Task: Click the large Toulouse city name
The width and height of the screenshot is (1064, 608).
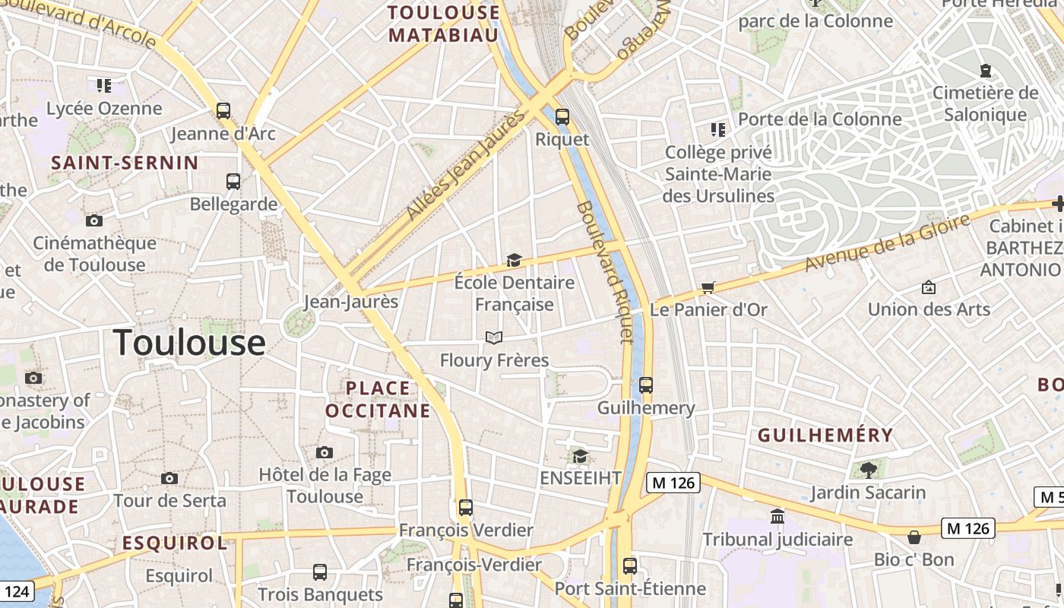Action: [189, 343]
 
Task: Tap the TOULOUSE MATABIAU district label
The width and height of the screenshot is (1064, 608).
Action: [445, 24]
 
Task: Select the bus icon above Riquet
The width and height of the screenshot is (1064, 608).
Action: [562, 117]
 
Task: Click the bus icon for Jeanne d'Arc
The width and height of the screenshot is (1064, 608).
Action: [223, 111]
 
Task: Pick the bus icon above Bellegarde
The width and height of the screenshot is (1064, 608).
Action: [233, 182]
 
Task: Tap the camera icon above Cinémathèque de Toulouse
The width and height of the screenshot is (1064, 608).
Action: [94, 221]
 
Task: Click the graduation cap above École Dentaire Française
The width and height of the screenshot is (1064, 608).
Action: [515, 261]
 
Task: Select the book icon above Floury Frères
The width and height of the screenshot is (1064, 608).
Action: [494, 337]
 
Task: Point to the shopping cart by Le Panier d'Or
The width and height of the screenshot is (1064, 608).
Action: [708, 287]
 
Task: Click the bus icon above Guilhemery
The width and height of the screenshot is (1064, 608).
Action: [646, 385]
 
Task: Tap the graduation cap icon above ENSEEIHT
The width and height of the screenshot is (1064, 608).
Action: [581, 456]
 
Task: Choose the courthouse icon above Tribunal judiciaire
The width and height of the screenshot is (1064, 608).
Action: [777, 517]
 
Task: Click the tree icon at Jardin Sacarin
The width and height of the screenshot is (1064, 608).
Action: [868, 470]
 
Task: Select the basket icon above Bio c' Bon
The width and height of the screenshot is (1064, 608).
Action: [914, 537]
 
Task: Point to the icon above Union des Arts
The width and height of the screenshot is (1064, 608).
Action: [928, 287]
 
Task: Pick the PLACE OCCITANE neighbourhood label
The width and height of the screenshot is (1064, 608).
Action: [378, 400]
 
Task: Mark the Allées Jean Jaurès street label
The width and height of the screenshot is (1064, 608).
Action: [466, 166]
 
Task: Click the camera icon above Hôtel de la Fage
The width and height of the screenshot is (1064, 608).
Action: [325, 453]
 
